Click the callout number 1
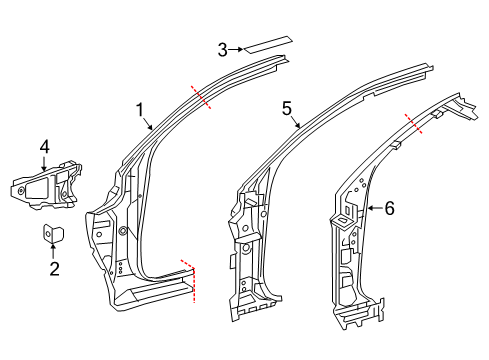click(x=141, y=109)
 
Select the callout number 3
click(x=224, y=47)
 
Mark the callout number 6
click(x=390, y=208)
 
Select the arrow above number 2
click(x=55, y=252)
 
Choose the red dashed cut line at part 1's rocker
click(x=192, y=279)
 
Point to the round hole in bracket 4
click(x=22, y=188)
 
